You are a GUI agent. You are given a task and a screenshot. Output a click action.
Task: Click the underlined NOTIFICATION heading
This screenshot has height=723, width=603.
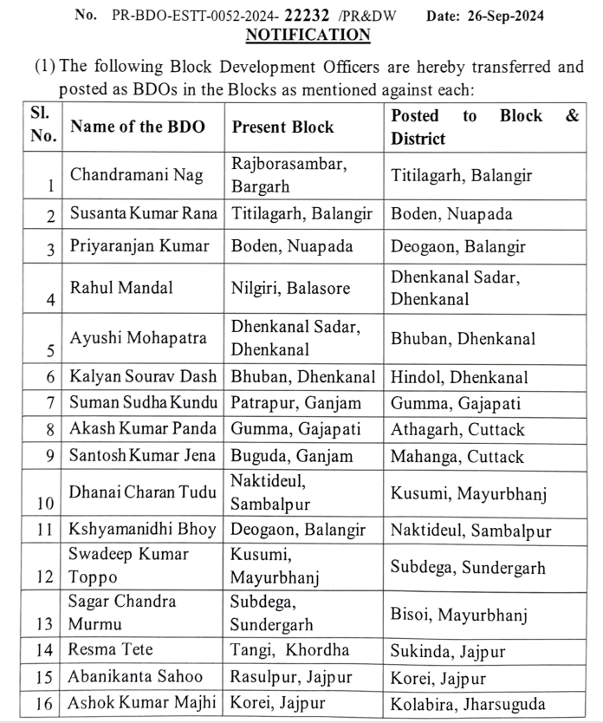pyautogui.click(x=308, y=35)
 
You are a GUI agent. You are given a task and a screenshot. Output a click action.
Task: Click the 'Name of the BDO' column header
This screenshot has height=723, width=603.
pyautogui.click(x=138, y=127)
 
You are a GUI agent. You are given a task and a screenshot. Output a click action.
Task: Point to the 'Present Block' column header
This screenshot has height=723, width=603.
pyautogui.click(x=282, y=127)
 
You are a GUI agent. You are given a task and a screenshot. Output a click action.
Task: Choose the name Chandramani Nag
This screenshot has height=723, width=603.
pyautogui.click(x=137, y=175)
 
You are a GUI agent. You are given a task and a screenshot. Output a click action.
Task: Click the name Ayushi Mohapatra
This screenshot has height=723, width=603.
pyautogui.click(x=139, y=337)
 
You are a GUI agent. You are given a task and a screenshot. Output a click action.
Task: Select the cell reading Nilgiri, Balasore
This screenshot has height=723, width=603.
pyautogui.click(x=291, y=287)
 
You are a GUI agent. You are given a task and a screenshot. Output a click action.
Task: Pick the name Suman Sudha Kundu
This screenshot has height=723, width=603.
pyautogui.click(x=143, y=403)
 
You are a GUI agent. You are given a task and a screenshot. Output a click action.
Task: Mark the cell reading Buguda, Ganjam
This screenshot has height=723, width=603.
pyautogui.click(x=292, y=455)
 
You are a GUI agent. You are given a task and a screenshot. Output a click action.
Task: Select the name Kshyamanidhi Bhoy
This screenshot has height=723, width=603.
pyautogui.click(x=143, y=530)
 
